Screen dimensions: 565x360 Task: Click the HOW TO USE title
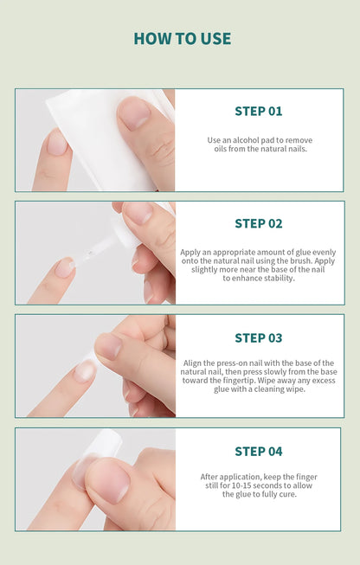pos(183,39)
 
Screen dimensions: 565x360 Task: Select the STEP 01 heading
pos(258,111)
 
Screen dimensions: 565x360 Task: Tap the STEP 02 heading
pos(258,223)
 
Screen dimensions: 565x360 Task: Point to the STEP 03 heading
pos(258,337)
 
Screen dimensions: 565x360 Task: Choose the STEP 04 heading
pos(258,451)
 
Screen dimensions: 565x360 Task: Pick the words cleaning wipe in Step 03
pos(281,388)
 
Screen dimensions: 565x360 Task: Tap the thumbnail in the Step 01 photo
pos(134,113)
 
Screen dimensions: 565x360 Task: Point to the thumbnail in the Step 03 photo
pos(108,346)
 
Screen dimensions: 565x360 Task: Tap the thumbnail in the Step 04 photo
pos(107,482)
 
